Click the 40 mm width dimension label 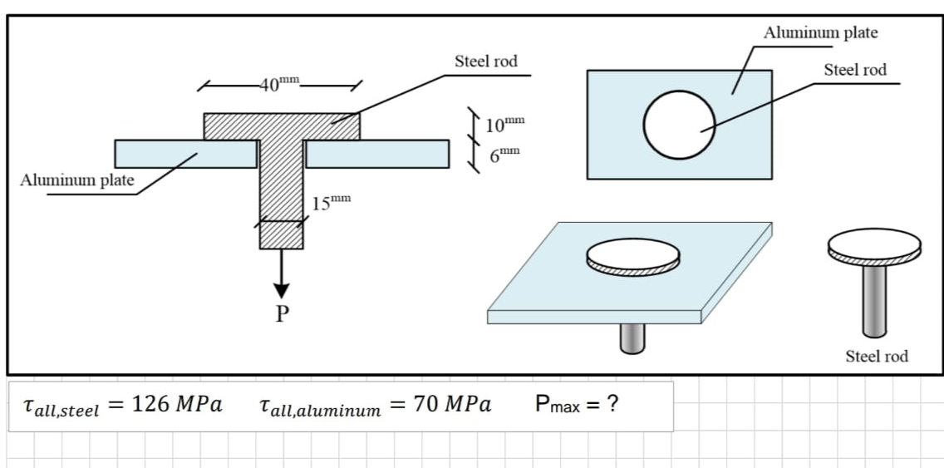(278, 83)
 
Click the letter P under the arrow (282, 313)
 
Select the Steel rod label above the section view (486, 62)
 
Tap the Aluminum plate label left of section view (77, 180)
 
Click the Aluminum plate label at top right (820, 32)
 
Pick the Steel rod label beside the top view (855, 70)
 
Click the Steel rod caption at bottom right (877, 356)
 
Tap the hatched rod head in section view (282, 126)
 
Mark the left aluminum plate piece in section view (185, 153)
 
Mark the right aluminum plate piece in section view (377, 153)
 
